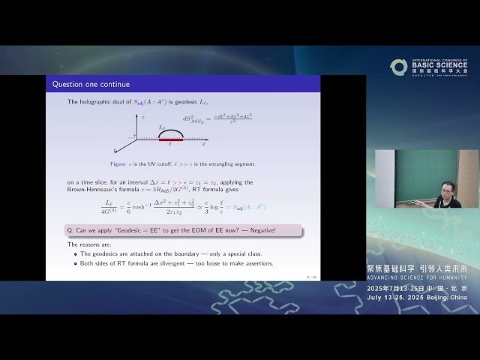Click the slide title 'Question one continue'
pyautogui.click(x=91, y=85)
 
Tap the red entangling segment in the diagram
pyautogui.click(x=171, y=139)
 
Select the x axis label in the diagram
pyautogui.click(x=204, y=142)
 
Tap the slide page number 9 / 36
pyautogui.click(x=310, y=277)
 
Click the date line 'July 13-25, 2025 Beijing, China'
pyautogui.click(x=416, y=298)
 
